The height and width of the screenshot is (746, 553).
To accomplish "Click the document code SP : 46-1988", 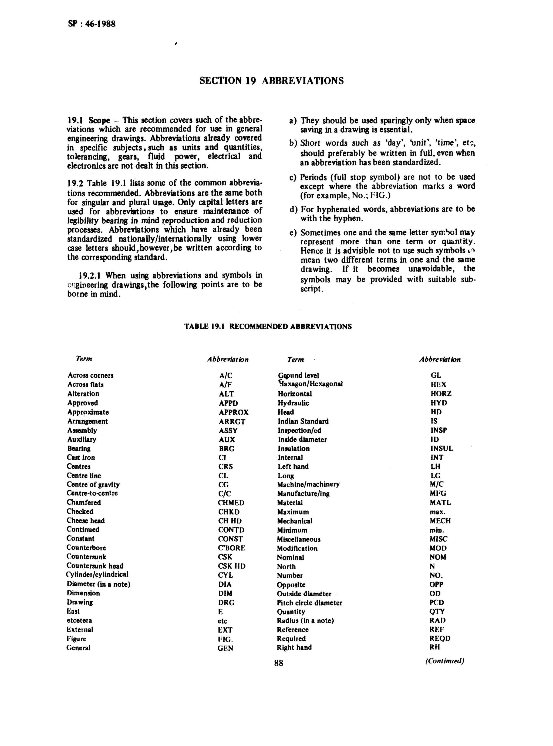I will tap(91, 24).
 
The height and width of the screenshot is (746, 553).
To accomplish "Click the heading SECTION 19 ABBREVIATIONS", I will tap(271, 81).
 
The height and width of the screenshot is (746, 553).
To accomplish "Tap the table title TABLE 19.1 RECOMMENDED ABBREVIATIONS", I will tap(268, 327).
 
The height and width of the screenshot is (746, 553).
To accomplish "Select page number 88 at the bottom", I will tap(278, 663).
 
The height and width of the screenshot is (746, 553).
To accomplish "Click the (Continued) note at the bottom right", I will tap(444, 661).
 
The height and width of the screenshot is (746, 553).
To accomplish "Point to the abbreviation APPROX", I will tap(234, 412).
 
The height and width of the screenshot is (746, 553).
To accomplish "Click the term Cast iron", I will tap(81, 457).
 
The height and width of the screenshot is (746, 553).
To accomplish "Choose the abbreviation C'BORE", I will tap(231, 548).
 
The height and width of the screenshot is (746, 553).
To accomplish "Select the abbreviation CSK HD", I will tap(231, 566).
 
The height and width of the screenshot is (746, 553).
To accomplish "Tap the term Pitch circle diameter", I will tap(309, 603).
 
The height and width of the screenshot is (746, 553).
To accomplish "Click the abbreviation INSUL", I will tap(441, 448).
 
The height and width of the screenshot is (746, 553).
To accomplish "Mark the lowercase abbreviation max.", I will tap(437, 512).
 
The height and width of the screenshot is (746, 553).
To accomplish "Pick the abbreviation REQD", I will tap(440, 639).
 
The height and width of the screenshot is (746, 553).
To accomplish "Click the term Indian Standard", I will tap(303, 421).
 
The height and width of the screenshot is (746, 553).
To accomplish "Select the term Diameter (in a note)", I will tap(98, 584).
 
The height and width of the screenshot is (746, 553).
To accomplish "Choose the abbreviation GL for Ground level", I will tap(436, 375).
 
